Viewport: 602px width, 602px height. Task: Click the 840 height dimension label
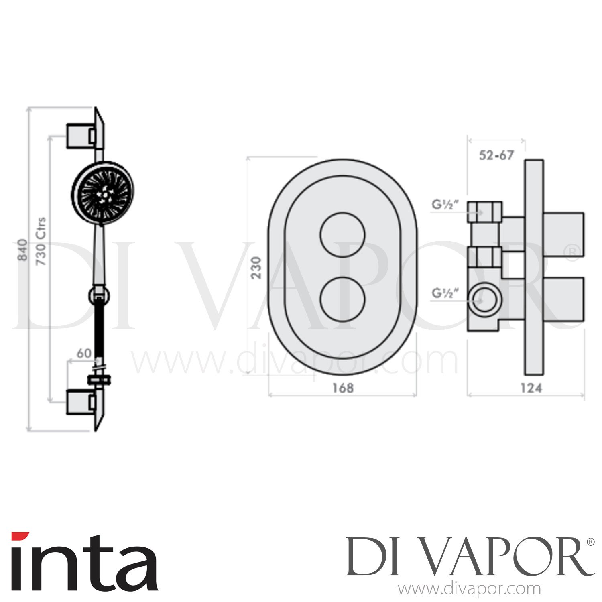pos(23,249)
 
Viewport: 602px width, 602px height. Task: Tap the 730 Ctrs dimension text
pos(41,242)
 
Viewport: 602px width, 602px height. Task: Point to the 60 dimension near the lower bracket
pos(84,353)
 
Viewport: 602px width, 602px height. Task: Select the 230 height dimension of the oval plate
pos(256,267)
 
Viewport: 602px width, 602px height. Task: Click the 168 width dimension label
pos(343,388)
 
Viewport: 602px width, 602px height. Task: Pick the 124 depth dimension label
pos(531,388)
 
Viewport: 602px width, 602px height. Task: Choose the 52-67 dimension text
pos(496,155)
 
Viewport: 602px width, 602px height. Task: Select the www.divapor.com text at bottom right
pos(469,589)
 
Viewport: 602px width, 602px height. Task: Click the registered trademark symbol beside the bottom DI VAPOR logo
pos(590,542)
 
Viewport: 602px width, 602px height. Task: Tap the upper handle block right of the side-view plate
pos(564,234)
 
